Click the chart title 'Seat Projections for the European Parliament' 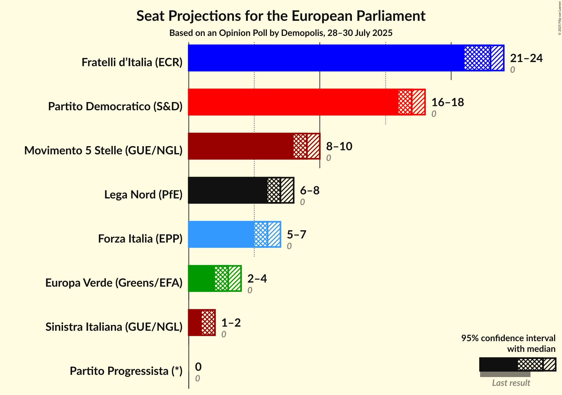281,16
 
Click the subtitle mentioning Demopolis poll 281,33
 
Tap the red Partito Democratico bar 293,102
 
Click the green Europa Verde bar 202,278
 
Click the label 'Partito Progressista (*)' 126,371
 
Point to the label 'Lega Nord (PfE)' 143,195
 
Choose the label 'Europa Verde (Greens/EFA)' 114,283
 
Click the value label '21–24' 526,58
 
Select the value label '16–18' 447,102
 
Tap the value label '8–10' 339,146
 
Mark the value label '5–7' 296,234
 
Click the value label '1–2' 231,323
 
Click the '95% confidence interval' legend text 508,338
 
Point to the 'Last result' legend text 511,383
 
